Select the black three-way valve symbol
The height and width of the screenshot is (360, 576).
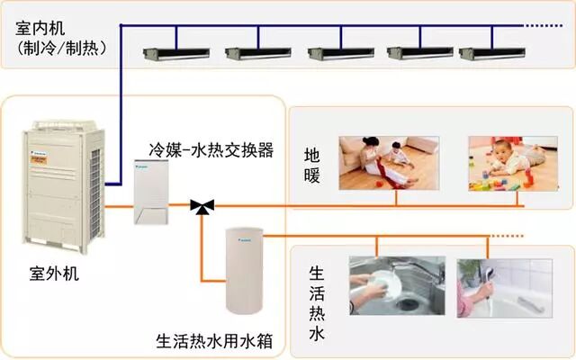click(x=203, y=207)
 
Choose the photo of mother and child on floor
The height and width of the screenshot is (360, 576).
click(x=388, y=162)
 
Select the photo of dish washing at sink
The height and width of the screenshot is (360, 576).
click(x=396, y=285)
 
